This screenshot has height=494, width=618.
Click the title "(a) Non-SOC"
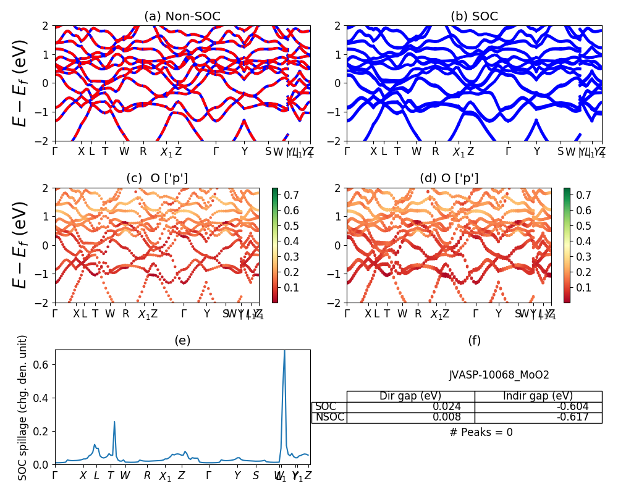point(182,17)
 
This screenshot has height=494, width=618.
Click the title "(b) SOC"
point(474,17)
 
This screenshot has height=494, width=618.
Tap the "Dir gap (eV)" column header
point(410,396)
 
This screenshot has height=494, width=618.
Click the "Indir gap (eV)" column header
point(538,396)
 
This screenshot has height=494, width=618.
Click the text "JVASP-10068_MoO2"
point(499,375)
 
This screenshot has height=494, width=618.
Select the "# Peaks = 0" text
point(481,432)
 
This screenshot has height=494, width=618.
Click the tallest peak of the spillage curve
point(284,351)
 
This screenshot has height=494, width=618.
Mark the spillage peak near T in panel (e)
point(114,422)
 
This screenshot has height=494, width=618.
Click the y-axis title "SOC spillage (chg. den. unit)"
point(23,408)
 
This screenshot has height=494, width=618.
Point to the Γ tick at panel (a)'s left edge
point(55,151)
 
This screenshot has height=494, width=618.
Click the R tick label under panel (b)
point(435,151)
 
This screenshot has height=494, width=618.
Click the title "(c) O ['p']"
point(157,178)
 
